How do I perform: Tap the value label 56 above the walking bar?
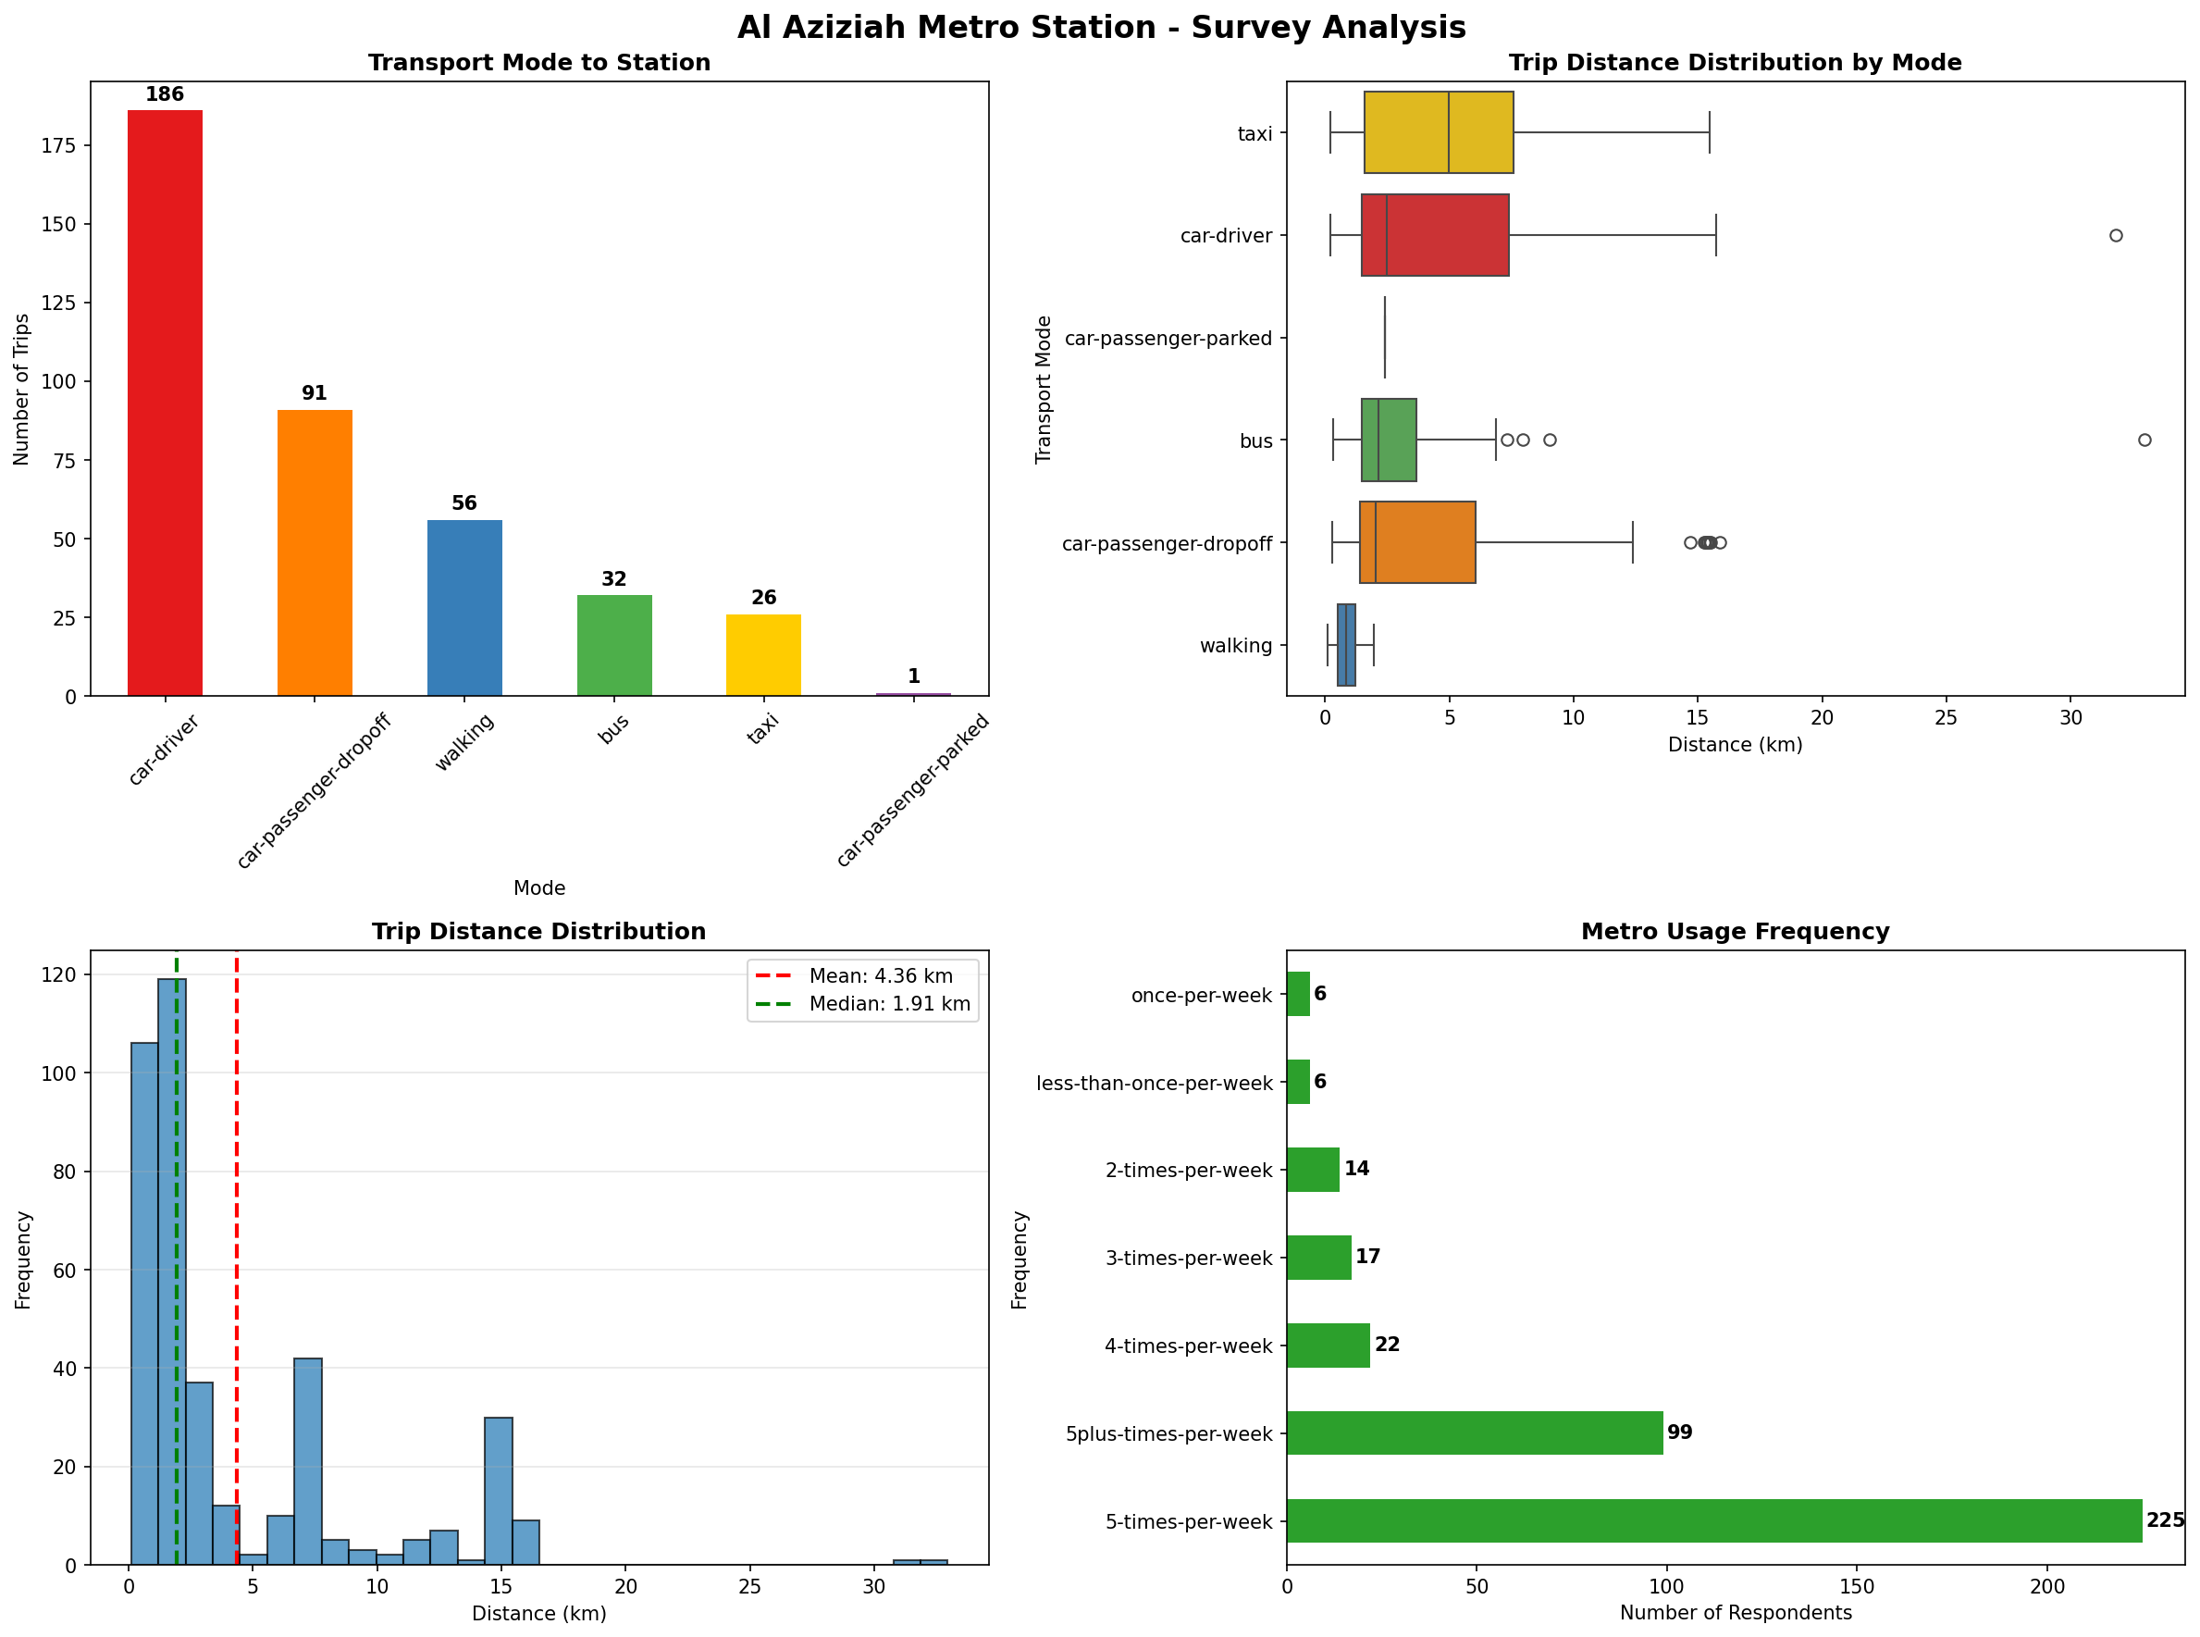463,503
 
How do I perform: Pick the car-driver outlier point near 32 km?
2115,236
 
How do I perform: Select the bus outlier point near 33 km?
2144,440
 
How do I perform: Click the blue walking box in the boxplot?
1345,645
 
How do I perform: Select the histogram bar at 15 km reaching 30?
499,1491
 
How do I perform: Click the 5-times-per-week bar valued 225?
1712,1521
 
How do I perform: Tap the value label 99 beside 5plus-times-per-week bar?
1679,1432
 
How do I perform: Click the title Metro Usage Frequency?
1735,932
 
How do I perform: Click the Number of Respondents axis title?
1735,1613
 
